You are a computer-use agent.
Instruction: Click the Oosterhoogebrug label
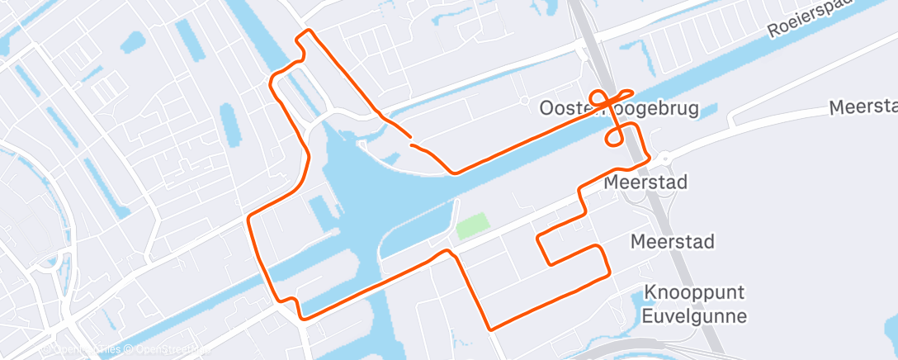pos(618,108)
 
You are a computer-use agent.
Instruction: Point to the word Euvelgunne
pos(695,316)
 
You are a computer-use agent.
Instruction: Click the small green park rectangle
pos(470,225)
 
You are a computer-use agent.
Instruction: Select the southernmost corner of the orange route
pos(491,329)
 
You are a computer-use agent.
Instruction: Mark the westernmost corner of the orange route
pos(248,219)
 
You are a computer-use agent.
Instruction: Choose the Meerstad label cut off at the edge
pos(863,108)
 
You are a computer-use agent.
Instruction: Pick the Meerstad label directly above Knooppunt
pos(672,242)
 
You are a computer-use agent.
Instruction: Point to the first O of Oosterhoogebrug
pos(546,108)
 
